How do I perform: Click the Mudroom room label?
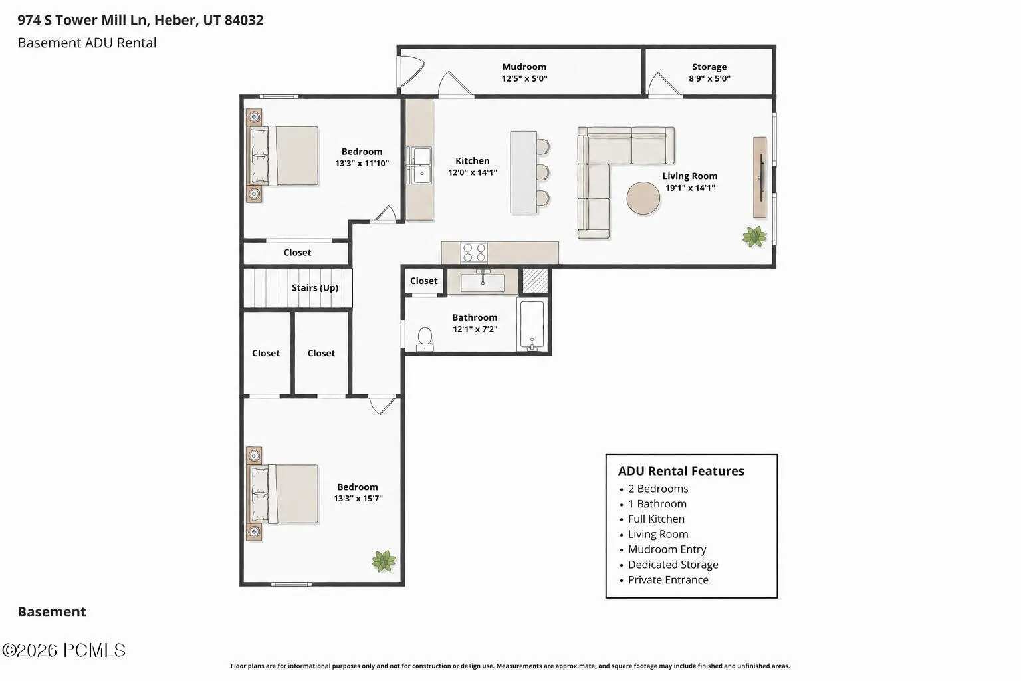coord(524,67)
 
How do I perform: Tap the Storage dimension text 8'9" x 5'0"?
coord(709,78)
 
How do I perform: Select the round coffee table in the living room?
coord(643,198)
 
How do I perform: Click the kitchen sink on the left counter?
coord(420,165)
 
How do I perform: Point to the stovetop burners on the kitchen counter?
coord(474,253)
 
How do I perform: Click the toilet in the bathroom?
coord(425,339)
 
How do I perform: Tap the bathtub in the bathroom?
coord(532,325)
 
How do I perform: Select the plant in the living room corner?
coord(754,236)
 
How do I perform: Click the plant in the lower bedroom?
coord(384,561)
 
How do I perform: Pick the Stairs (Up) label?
coord(315,288)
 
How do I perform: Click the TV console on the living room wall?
coord(760,178)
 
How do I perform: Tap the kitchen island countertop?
coord(523,172)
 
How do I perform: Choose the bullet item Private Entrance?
coord(668,580)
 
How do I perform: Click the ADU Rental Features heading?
coord(681,471)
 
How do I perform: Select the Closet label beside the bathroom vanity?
coord(423,281)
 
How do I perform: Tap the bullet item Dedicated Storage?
coord(673,565)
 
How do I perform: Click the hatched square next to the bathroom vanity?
coord(534,281)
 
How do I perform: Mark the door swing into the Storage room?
coord(664,85)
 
